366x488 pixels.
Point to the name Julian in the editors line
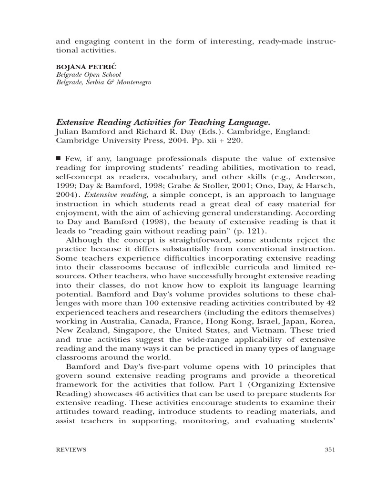click(66, 131)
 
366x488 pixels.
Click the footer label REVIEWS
click(71, 449)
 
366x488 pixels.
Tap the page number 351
click(330, 449)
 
